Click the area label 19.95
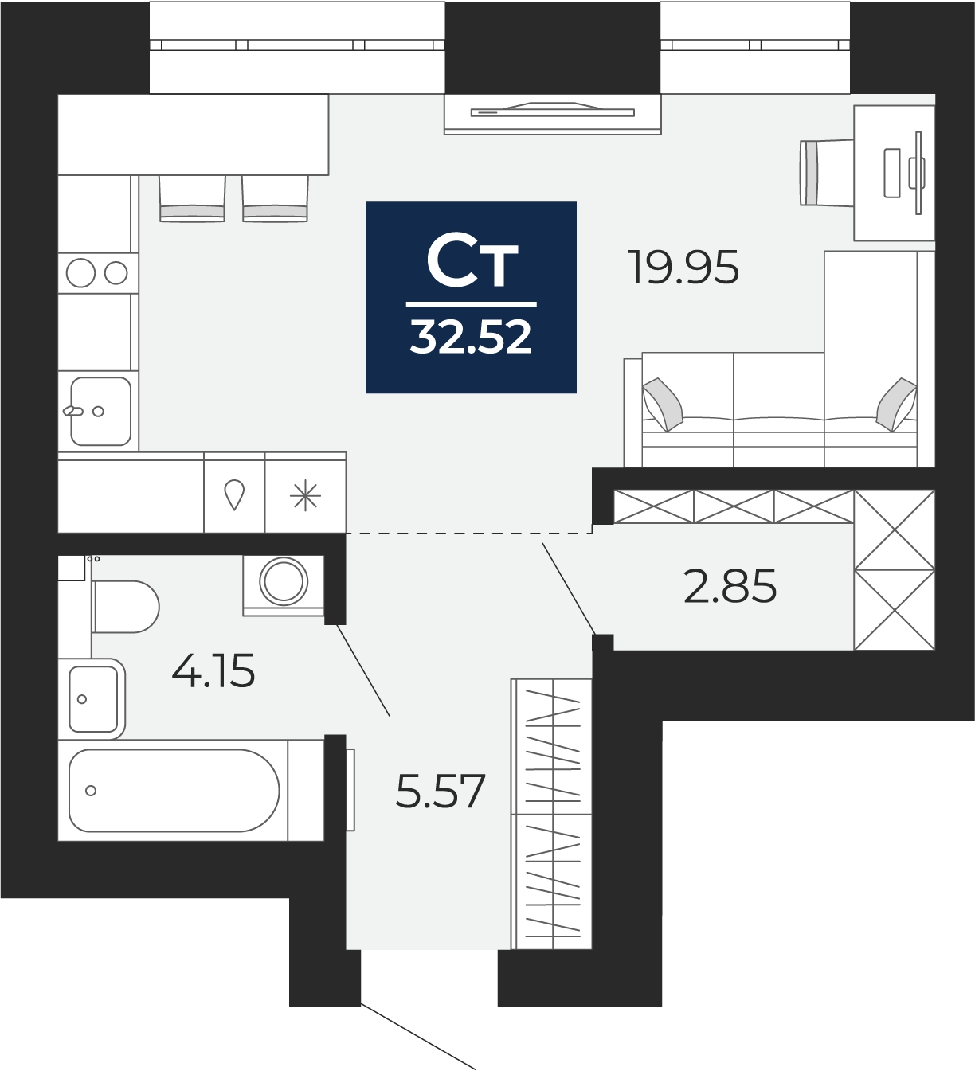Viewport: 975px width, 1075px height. click(685, 268)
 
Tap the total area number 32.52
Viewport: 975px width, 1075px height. click(471, 337)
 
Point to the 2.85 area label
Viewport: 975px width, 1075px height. click(730, 586)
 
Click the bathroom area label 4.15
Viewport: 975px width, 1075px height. click(213, 670)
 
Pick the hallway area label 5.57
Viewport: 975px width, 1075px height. click(441, 791)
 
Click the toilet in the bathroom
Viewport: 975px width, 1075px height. click(126, 607)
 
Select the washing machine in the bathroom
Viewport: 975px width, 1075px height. click(283, 585)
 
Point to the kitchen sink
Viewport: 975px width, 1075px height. click(101, 411)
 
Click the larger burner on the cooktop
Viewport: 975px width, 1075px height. click(81, 273)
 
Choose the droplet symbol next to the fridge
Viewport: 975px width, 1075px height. click(234, 494)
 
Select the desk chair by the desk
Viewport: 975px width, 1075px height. click(826, 173)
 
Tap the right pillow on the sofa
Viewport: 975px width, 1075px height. click(896, 404)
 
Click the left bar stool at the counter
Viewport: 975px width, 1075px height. click(192, 199)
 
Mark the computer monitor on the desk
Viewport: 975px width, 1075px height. click(918, 173)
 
